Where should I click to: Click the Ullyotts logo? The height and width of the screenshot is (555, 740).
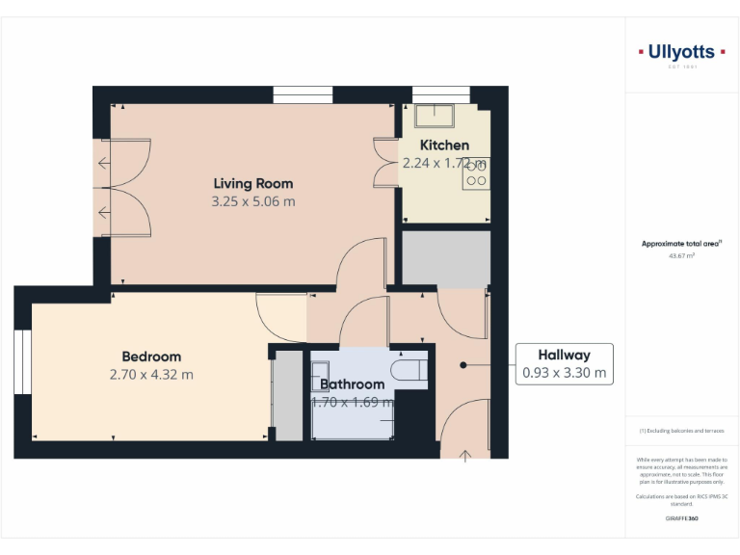tap(681, 53)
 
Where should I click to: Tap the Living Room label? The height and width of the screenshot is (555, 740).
tap(253, 183)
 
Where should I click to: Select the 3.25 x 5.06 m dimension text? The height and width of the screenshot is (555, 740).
tap(253, 202)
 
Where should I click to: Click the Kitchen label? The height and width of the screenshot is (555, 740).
tap(444, 145)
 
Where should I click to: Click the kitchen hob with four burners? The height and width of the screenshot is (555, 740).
tap(476, 172)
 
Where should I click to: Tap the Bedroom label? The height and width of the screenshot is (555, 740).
tap(151, 357)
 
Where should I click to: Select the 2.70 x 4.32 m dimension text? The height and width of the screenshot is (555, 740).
tap(151, 375)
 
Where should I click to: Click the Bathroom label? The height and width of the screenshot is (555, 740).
tap(353, 384)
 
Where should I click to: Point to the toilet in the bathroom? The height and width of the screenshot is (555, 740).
tap(409, 369)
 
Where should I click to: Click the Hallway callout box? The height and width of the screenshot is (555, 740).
tap(564, 364)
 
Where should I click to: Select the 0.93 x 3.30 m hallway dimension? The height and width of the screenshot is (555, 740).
tap(564, 373)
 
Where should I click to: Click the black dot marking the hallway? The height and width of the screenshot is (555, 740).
tap(463, 365)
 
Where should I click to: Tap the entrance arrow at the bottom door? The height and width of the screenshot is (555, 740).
tap(466, 453)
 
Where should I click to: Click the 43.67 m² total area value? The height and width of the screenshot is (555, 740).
tap(681, 256)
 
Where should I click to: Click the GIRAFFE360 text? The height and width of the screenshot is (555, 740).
tap(681, 518)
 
